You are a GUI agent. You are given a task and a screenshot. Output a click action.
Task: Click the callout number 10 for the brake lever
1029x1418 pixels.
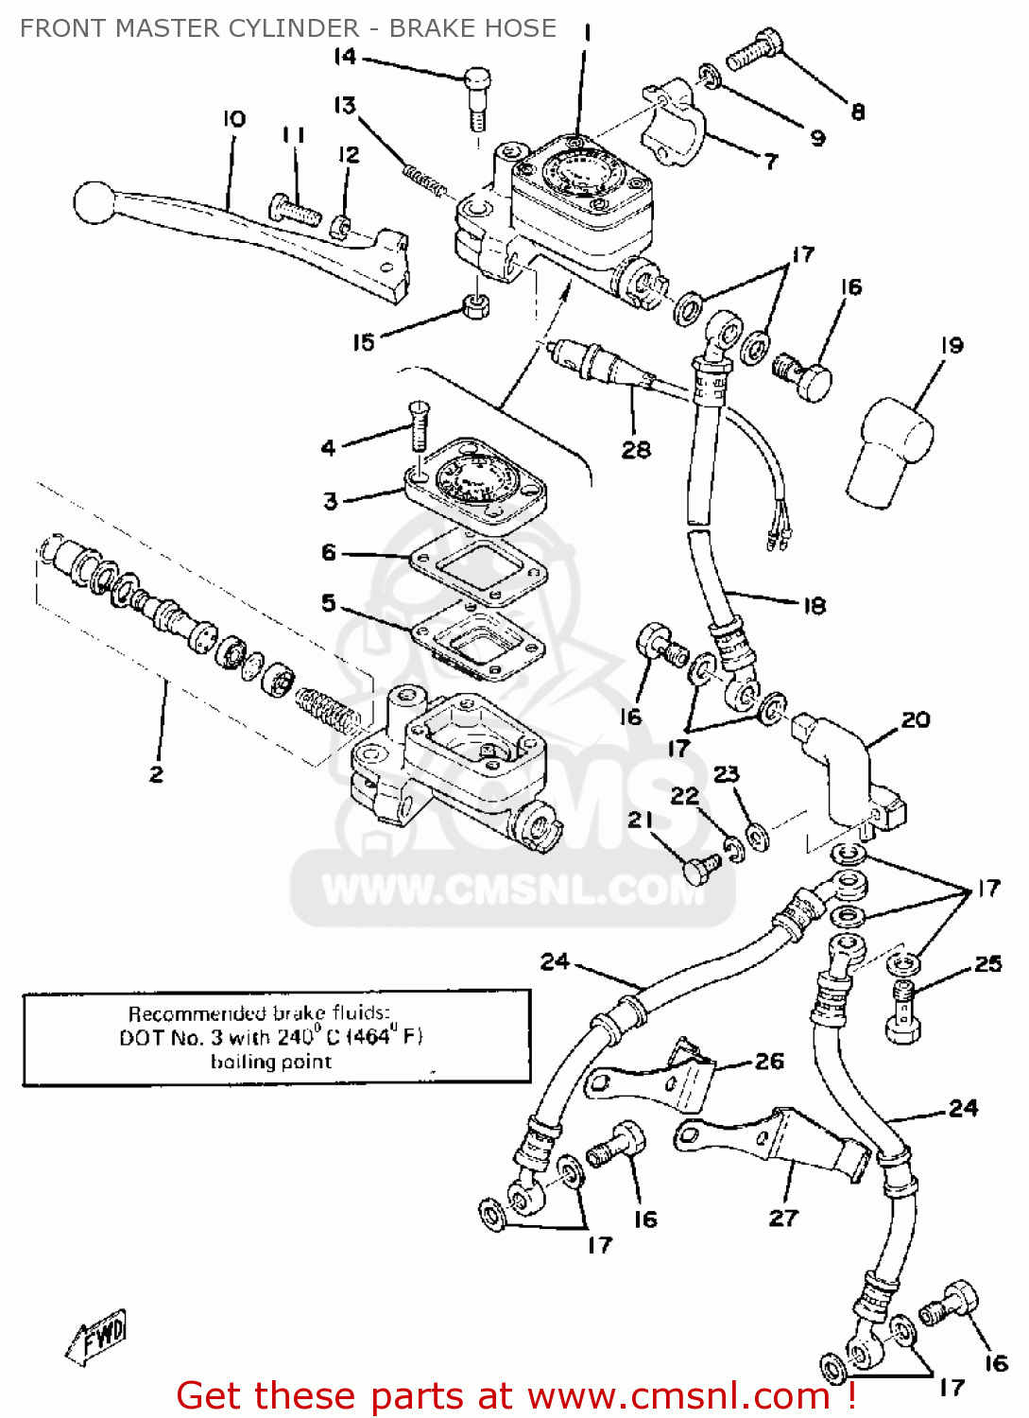[234, 119]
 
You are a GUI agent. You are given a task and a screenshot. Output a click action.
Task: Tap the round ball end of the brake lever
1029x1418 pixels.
[93, 202]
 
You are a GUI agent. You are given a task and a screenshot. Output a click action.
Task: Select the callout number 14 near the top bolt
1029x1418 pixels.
[345, 57]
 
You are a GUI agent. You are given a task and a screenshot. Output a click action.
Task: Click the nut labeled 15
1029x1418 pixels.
[475, 305]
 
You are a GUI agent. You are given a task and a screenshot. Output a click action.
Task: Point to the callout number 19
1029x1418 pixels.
[952, 346]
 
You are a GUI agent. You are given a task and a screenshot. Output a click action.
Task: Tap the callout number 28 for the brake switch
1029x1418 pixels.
[636, 450]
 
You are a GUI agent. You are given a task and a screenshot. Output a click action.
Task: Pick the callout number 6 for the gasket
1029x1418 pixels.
[329, 552]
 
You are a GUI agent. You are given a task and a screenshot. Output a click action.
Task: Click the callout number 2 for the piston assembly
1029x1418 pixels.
[157, 774]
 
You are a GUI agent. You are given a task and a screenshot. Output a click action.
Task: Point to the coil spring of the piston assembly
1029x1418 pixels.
[327, 711]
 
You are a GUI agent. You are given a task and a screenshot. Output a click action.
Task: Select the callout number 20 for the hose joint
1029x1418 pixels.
[916, 720]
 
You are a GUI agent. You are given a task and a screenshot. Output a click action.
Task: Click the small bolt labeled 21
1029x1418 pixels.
[697, 867]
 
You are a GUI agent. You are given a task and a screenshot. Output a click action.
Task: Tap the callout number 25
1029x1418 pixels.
[988, 963]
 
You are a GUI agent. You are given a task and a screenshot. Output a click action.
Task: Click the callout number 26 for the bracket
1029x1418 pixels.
[769, 1062]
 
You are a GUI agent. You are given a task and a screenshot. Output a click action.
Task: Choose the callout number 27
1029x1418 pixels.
[783, 1218]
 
